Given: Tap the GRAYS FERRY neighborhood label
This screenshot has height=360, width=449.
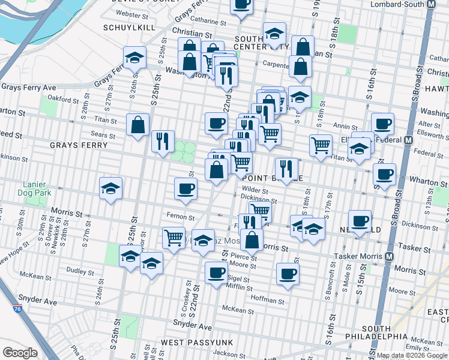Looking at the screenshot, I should coord(79,145).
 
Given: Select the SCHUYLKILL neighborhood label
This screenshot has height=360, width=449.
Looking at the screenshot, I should coord(130,28).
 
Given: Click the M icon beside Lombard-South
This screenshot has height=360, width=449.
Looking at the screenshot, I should coord(430,4).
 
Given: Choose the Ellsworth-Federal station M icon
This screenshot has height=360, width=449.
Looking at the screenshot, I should coord(409,140).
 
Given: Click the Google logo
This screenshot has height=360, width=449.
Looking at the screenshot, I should coord(20,353).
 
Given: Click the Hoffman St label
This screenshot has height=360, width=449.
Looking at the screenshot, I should coord(267,299).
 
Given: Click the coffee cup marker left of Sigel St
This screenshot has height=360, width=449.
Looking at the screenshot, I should coord(216,272).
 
